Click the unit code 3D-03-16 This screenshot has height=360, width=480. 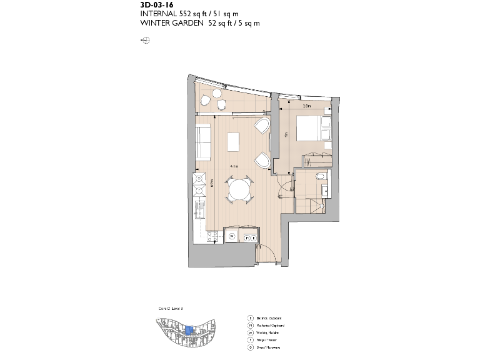[157, 4]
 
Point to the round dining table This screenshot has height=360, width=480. [238, 189]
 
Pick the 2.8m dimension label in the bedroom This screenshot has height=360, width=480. [306, 106]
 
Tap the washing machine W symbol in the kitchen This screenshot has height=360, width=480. [232, 236]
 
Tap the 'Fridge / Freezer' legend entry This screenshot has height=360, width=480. [267, 341]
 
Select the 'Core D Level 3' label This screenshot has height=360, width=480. [169, 309]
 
